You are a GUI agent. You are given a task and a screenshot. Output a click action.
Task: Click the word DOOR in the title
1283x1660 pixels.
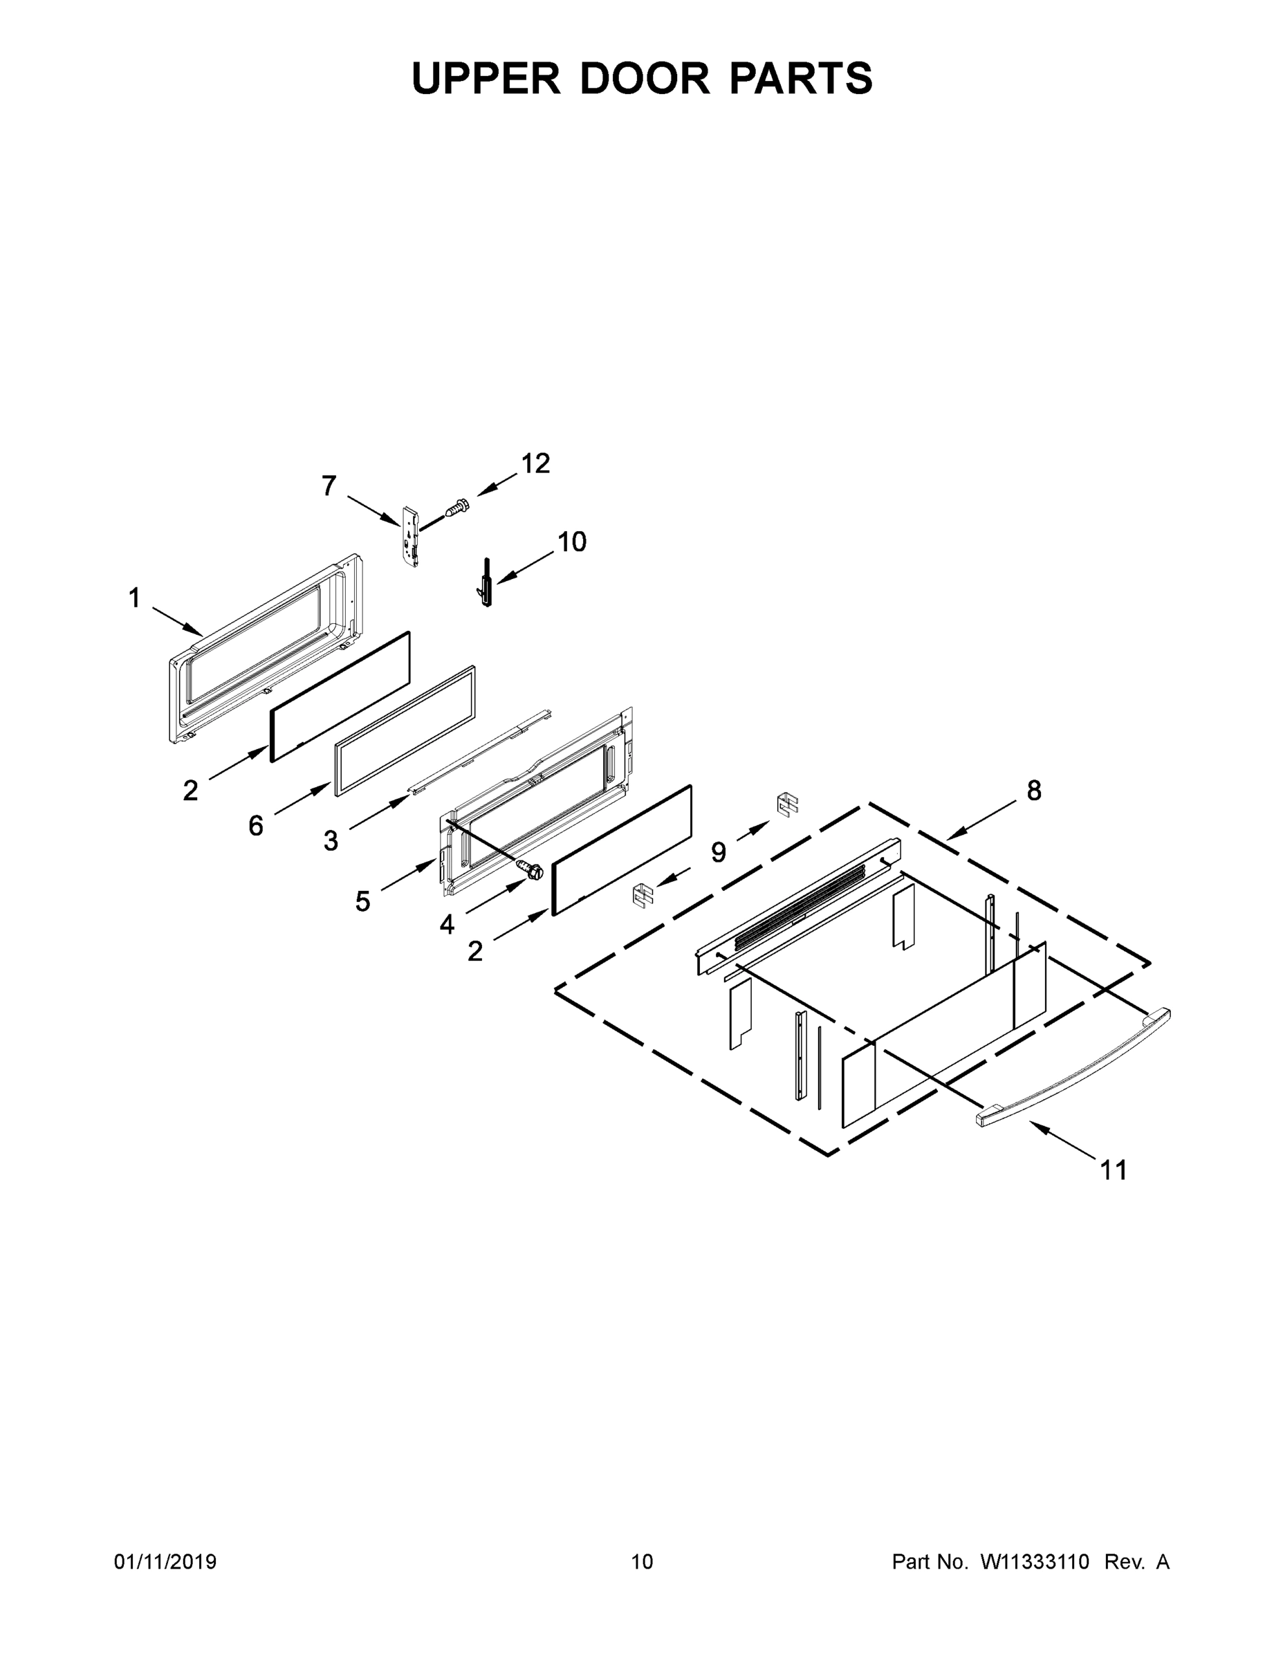click(645, 78)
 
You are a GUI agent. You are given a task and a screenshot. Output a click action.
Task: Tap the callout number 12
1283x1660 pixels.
click(535, 463)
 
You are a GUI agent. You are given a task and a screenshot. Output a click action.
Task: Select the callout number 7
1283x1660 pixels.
click(329, 486)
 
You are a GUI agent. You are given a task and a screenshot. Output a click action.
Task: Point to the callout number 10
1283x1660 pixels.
click(571, 542)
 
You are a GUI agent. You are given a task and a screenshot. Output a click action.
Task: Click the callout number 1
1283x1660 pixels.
click(135, 599)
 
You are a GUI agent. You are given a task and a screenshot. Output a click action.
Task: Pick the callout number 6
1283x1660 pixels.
click(255, 825)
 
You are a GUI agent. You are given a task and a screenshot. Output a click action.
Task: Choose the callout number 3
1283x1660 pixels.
click(331, 840)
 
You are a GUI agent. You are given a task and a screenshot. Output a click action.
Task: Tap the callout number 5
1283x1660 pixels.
click(362, 901)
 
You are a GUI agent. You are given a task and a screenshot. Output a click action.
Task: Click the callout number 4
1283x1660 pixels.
click(447, 924)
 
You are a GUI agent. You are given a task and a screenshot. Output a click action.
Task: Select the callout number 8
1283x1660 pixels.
click(1034, 791)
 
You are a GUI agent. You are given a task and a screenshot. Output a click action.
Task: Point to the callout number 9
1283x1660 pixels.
click(718, 852)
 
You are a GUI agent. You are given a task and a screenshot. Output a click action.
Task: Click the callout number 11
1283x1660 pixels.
click(1114, 1170)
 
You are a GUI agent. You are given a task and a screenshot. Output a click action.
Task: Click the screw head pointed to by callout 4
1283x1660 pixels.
click(531, 869)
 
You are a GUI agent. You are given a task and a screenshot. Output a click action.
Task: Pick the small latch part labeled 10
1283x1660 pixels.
click(486, 583)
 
